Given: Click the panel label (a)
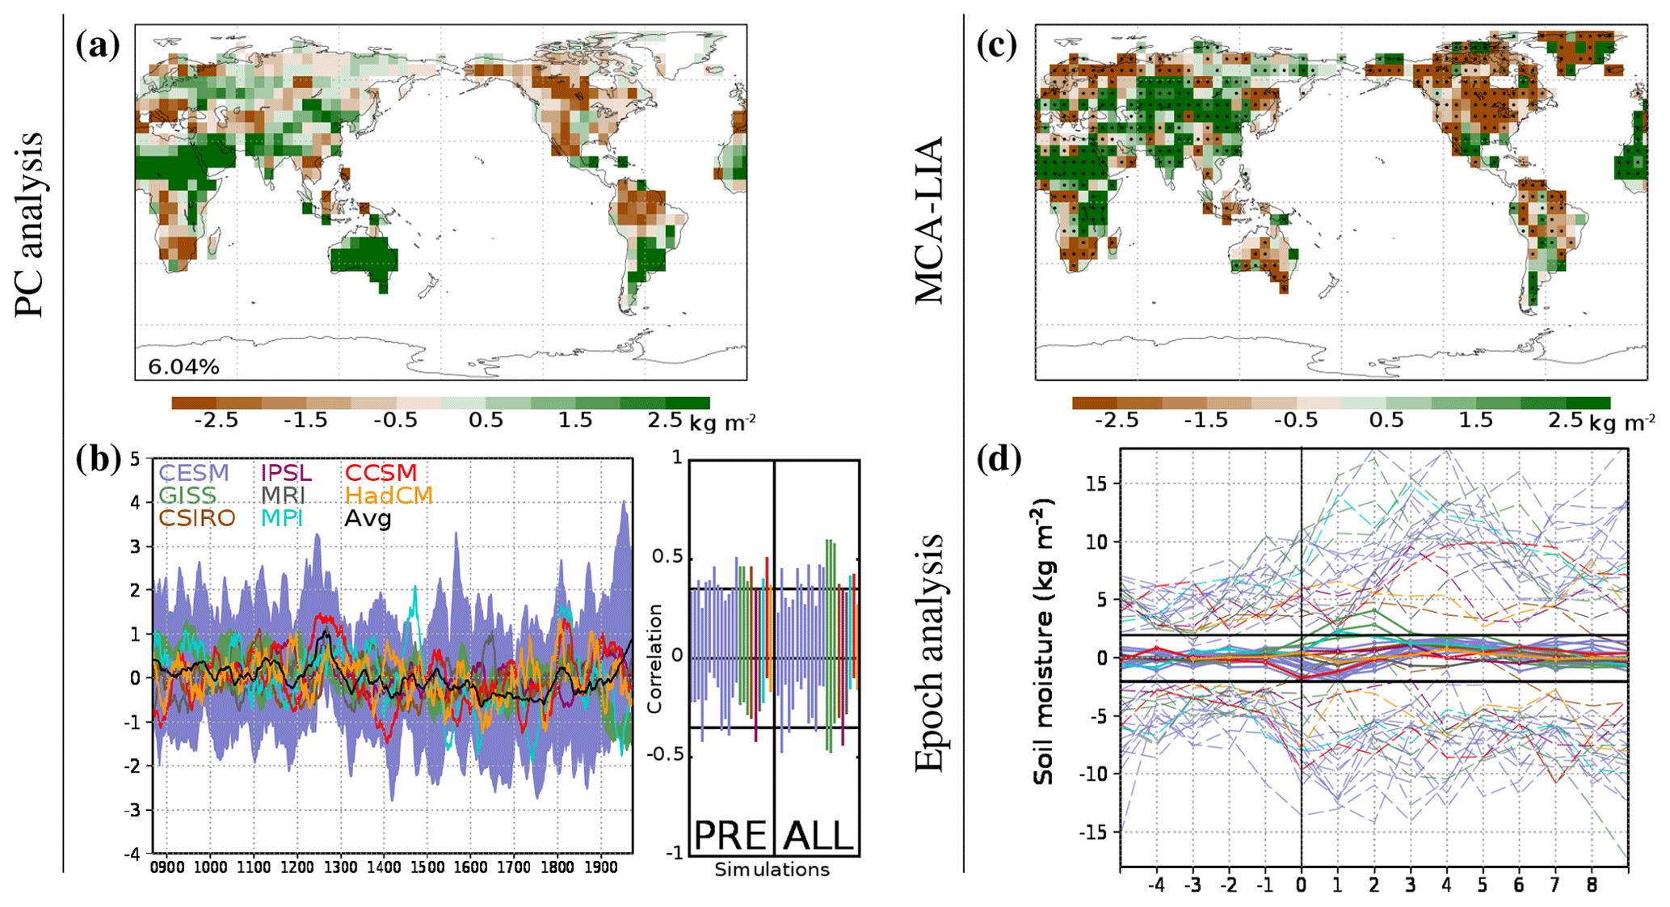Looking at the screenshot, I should (98, 45).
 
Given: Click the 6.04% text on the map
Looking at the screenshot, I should (183, 367).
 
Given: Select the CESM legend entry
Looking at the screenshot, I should (194, 473).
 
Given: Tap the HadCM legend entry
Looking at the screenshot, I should (389, 496).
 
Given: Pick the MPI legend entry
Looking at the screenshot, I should (282, 518).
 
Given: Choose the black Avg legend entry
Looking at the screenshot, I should (368, 518).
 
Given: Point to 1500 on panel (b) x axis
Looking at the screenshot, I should (427, 867).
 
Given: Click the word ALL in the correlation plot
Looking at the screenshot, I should (818, 835).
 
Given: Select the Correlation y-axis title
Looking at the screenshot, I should (654, 658).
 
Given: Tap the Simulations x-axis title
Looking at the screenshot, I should (772, 870).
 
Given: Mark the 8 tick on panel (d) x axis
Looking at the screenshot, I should (1591, 885).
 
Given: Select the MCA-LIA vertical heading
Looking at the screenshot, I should (929, 220).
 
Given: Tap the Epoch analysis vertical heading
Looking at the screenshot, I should (929, 652).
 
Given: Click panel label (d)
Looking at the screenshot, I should (999, 459).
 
